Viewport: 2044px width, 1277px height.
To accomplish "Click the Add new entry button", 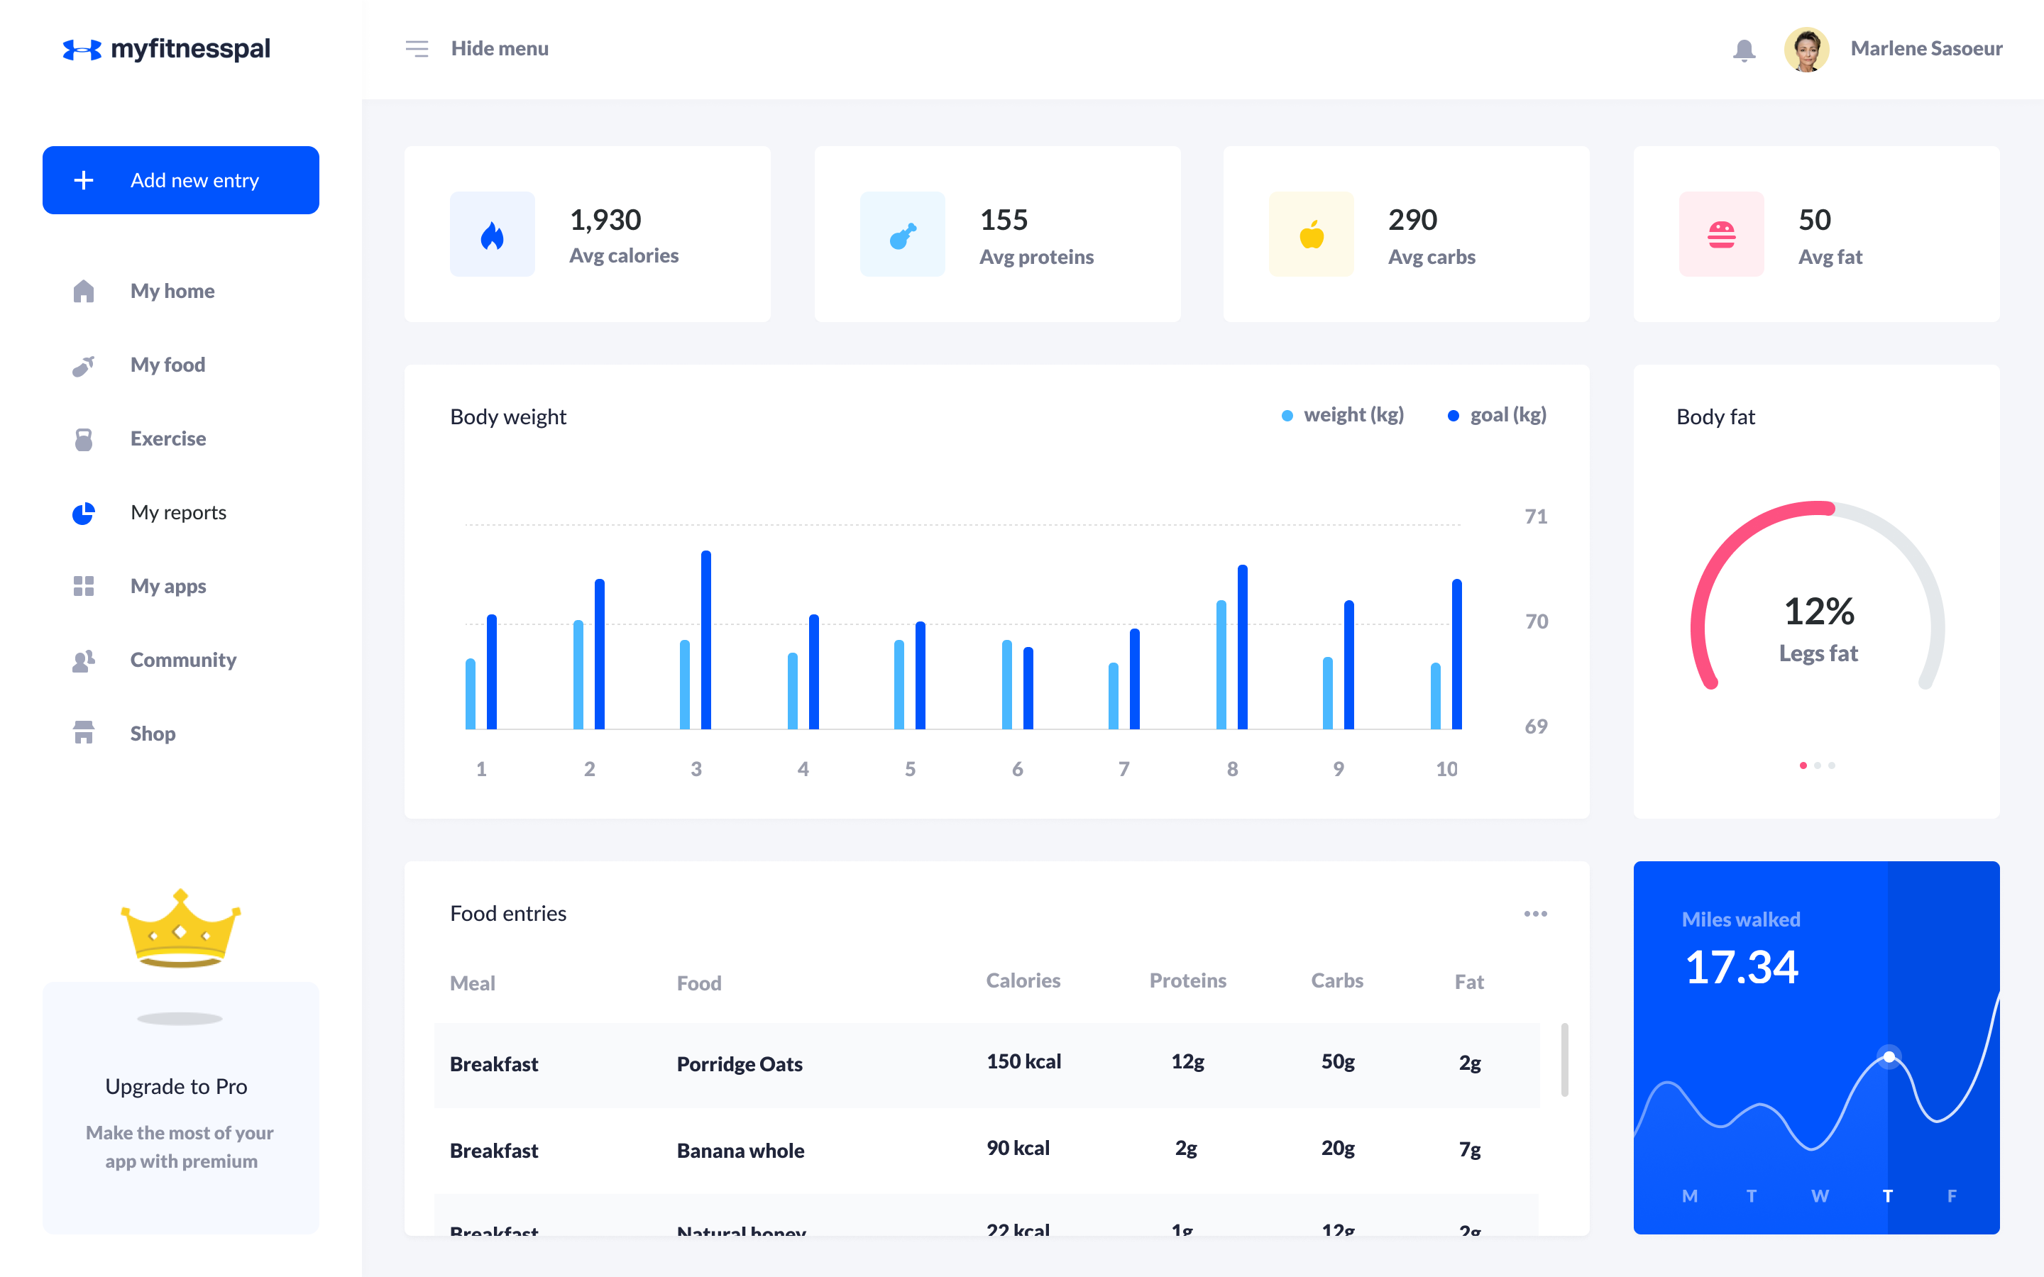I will (x=181, y=180).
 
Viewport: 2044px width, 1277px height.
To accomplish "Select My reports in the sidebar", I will (x=177, y=513).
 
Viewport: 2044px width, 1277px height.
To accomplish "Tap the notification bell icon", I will (x=1743, y=50).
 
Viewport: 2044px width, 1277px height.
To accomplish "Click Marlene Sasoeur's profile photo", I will (x=1806, y=50).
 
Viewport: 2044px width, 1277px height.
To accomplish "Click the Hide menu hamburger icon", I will (x=417, y=49).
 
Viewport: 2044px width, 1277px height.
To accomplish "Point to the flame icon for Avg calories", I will (x=492, y=235).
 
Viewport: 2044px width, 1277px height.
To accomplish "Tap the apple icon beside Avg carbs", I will (x=1311, y=235).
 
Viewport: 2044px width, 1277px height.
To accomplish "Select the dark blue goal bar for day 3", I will (x=706, y=639).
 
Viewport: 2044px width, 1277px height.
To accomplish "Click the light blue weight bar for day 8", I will (x=1221, y=665).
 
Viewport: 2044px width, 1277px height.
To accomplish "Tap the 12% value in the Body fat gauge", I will (x=1818, y=612).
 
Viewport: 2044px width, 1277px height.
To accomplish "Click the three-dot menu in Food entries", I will (x=1534, y=914).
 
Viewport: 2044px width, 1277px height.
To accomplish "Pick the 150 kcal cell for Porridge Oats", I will (x=1023, y=1061).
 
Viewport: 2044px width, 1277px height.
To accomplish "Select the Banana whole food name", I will (x=740, y=1150).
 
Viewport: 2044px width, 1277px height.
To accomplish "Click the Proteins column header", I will (x=1187, y=980).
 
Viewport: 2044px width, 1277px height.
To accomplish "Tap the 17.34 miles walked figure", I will (x=1741, y=968).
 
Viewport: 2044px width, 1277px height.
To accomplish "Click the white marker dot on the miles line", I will (x=1889, y=1056).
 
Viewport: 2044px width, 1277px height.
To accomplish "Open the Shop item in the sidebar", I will (x=152, y=733).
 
